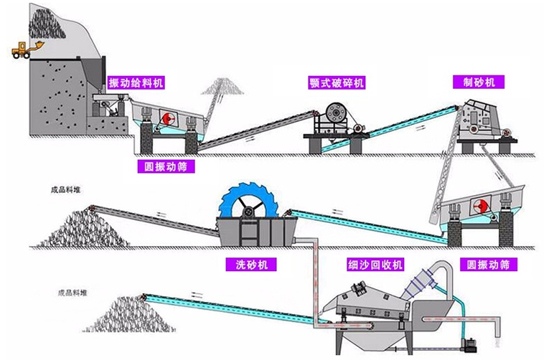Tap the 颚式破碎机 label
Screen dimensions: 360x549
point(332,82)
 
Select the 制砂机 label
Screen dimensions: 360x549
point(479,82)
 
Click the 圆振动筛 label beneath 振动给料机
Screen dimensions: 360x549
point(165,166)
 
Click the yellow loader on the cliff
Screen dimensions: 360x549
point(25,49)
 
